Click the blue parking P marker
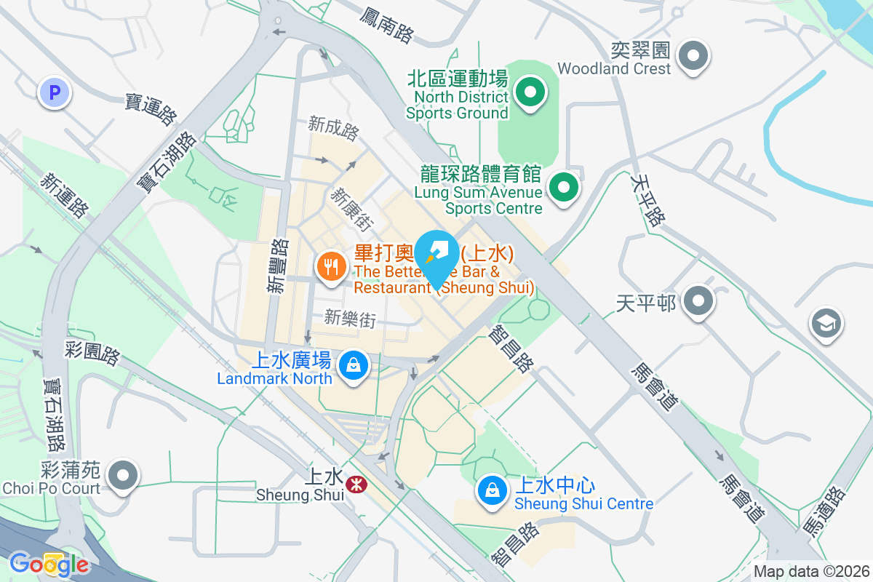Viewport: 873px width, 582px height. pos(54,92)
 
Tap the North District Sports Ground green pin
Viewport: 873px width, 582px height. pos(530,92)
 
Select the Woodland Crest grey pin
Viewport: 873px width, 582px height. pos(693,55)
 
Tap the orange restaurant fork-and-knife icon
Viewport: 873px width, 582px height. pos(332,266)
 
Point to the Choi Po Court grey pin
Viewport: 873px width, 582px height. pos(122,477)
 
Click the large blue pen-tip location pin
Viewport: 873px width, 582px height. pos(436,255)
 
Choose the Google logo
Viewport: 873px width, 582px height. pos(49,564)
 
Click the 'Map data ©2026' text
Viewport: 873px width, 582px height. pos(811,571)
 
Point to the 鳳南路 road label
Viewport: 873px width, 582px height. pos(386,24)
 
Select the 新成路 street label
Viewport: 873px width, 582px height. pos(333,129)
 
